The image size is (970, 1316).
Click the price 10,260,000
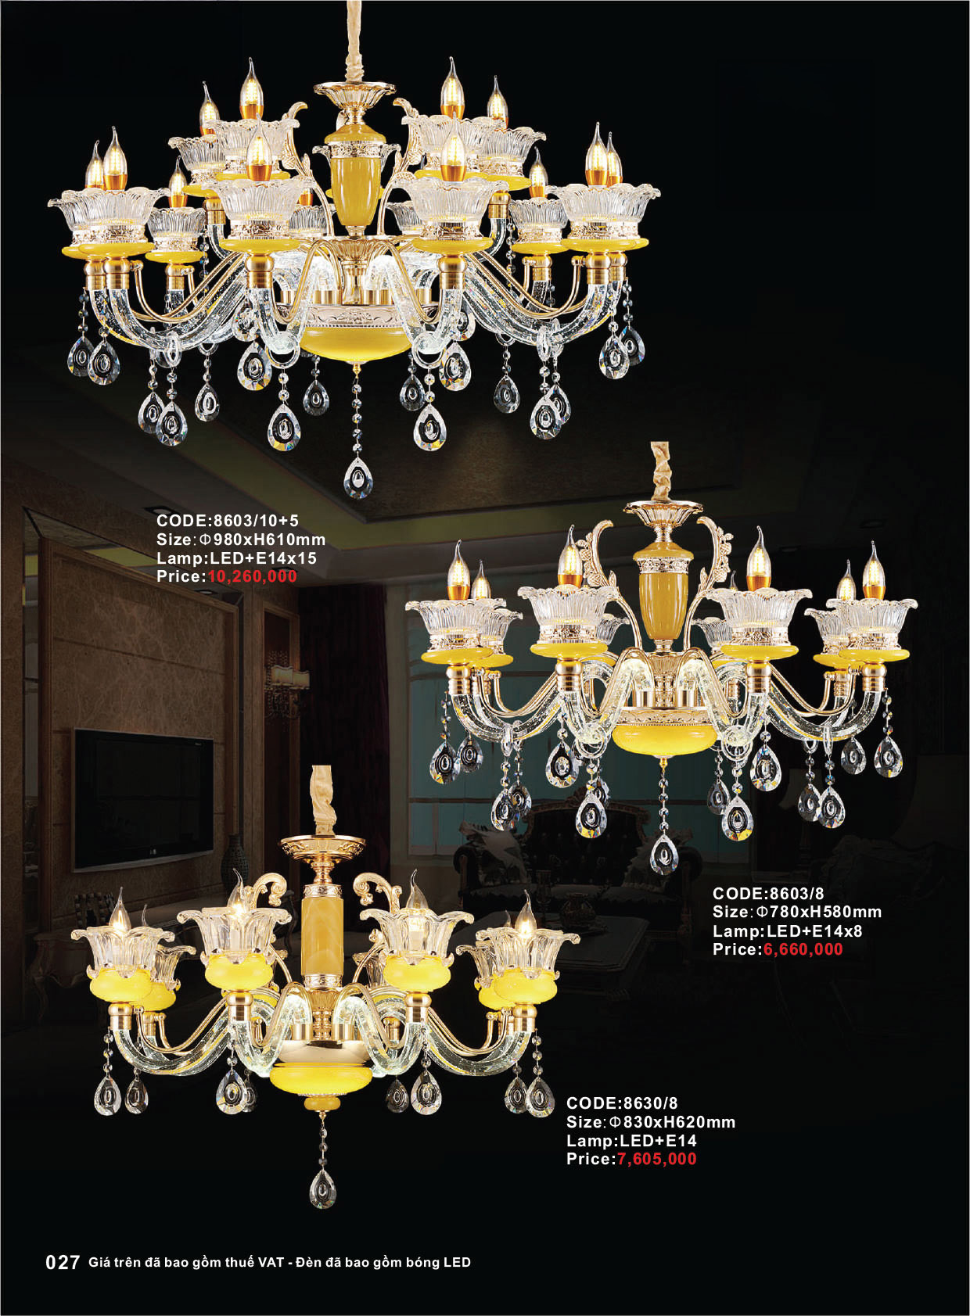pyautogui.click(x=252, y=576)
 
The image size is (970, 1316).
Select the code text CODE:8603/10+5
pyautogui.click(x=228, y=521)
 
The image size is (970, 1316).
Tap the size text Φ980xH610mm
pyautogui.click(x=262, y=540)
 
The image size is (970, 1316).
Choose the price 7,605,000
pyautogui.click(x=656, y=1159)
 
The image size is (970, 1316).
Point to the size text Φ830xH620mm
pyautogui.click(x=672, y=1122)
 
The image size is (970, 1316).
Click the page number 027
pyautogui.click(x=63, y=1263)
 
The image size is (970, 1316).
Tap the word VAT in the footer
pyautogui.click(x=271, y=1262)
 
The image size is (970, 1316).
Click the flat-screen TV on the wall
pyautogui.click(x=143, y=800)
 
